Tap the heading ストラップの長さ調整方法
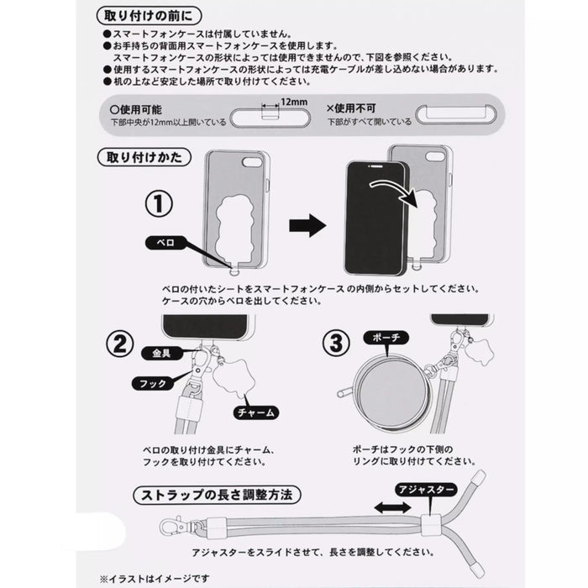pos(218,494)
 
